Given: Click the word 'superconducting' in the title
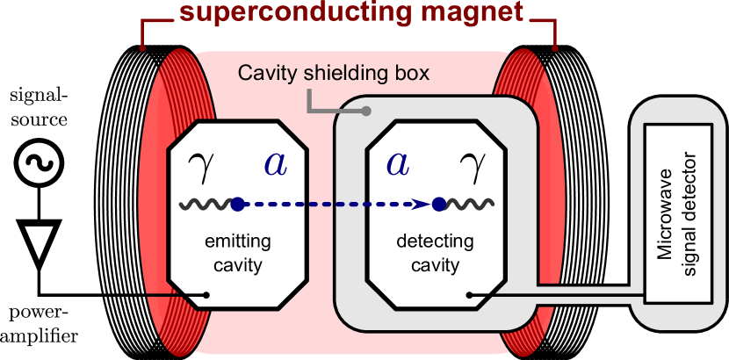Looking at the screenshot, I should (x=269, y=12).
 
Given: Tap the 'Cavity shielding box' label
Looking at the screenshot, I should (x=335, y=73).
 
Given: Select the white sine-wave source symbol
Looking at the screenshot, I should (x=40, y=164).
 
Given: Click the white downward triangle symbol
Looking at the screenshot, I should (x=40, y=242).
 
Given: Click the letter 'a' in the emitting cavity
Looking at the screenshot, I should (x=275, y=163).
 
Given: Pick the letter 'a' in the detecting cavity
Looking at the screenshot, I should (x=398, y=163).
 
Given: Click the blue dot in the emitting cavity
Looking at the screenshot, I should (x=237, y=205).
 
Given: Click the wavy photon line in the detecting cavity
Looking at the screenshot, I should (x=464, y=205).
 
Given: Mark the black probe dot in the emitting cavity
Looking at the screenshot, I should (x=206, y=295).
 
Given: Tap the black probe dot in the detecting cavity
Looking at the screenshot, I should (x=470, y=295).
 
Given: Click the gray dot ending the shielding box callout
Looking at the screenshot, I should (x=368, y=112).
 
